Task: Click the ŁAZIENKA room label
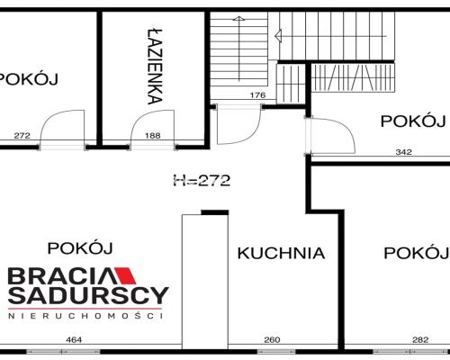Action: [x=156, y=67]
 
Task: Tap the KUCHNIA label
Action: [x=281, y=253]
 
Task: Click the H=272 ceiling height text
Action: [x=202, y=181]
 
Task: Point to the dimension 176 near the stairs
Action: [x=258, y=95]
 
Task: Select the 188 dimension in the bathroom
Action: [x=153, y=136]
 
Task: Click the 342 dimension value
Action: [x=403, y=152]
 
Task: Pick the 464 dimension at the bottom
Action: [x=74, y=340]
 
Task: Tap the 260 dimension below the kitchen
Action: [x=272, y=340]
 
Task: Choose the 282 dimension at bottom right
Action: [x=420, y=340]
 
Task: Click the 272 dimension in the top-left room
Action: [x=22, y=136]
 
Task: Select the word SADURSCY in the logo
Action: [x=89, y=295]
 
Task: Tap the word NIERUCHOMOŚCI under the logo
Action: [x=85, y=316]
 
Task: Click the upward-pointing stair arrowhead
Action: [x=238, y=19]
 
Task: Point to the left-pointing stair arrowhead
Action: [x=278, y=36]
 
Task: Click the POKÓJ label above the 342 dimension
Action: [x=413, y=121]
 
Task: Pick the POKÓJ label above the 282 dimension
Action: [x=417, y=253]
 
